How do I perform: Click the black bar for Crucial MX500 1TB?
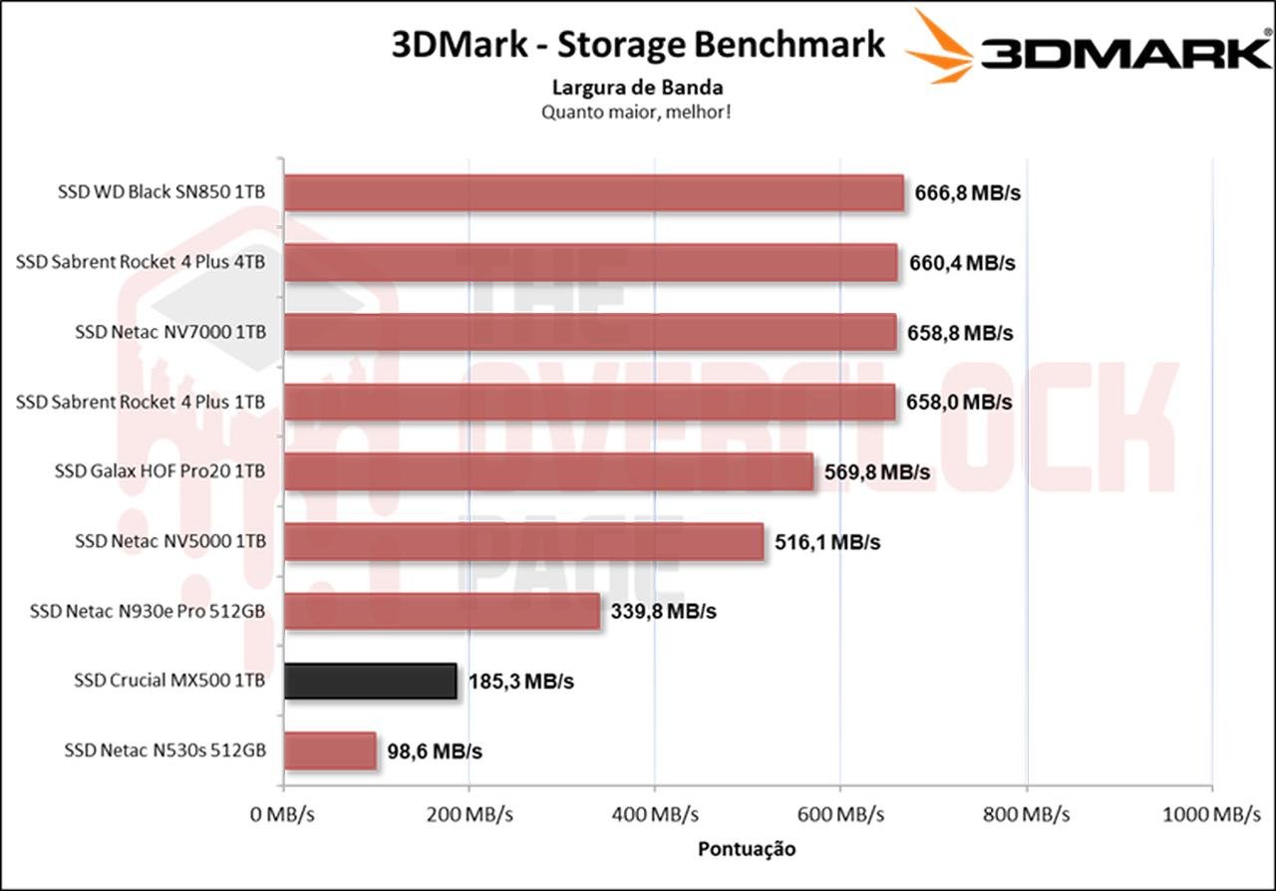pos(370,681)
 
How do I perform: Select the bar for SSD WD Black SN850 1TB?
pos(593,192)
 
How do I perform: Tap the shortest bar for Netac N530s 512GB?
pos(330,750)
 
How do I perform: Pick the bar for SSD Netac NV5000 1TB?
pos(523,541)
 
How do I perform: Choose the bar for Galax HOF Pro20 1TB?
pos(548,471)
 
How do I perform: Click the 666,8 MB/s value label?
pos(967,193)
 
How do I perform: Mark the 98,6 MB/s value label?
pos(435,751)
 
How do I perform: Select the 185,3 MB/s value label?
pos(520,682)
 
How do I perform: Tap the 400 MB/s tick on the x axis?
pos(654,815)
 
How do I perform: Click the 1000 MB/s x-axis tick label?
pos(1211,815)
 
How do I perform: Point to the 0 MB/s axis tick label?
pos(284,815)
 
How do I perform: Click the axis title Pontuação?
pos(747,849)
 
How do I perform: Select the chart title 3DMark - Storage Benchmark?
pos(638,45)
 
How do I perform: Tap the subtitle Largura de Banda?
pos(638,88)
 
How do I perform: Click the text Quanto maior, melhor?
pos(638,112)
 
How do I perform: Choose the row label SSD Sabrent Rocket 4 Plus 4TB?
pos(141,262)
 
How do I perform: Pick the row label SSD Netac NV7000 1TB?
pos(169,332)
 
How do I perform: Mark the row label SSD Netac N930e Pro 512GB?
pos(148,611)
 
